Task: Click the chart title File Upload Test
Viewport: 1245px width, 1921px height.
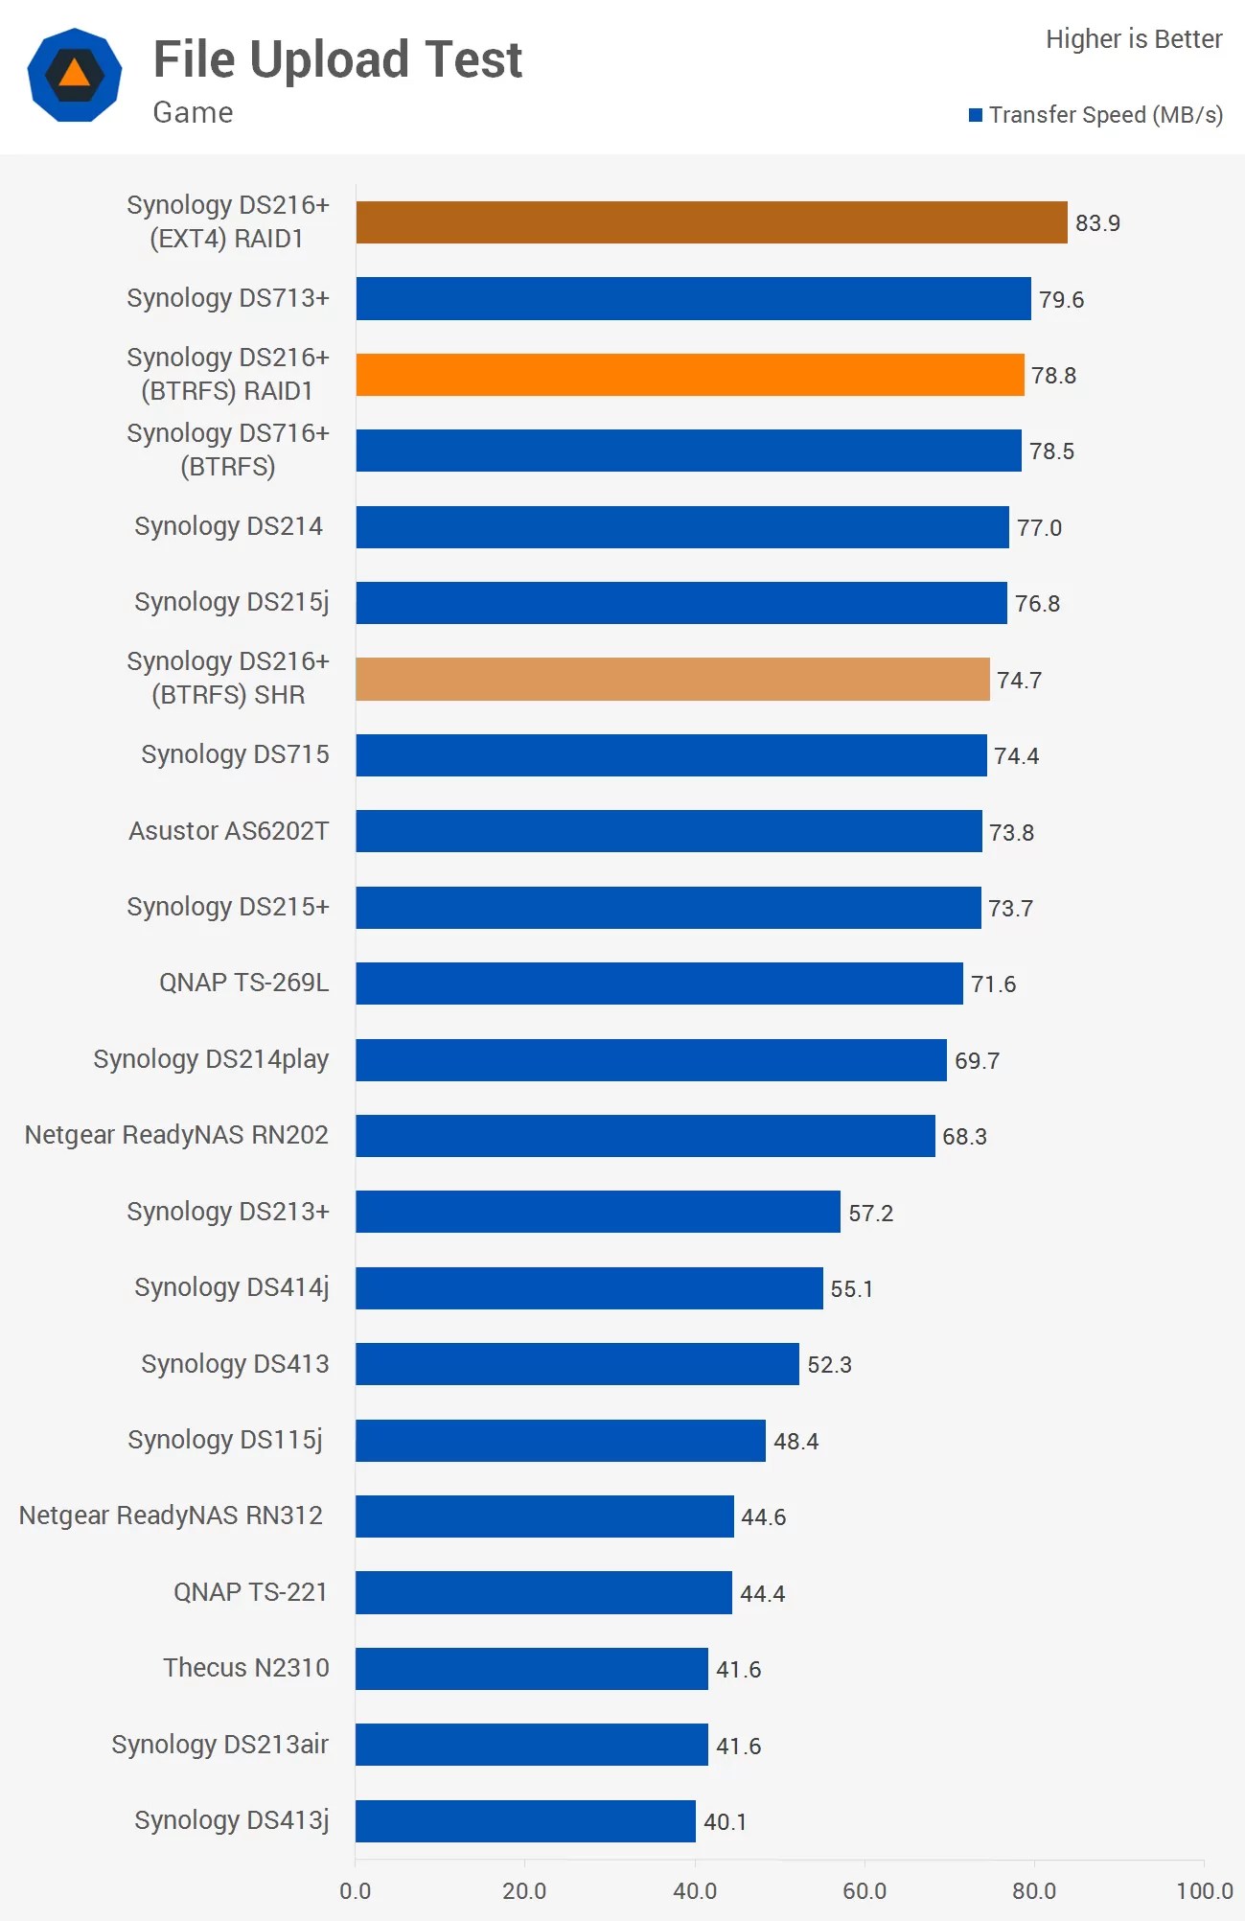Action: point(337,60)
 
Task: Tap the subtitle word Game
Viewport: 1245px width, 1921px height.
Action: point(193,113)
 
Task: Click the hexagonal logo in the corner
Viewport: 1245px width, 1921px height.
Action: point(75,75)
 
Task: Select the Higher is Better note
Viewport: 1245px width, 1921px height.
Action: point(1133,39)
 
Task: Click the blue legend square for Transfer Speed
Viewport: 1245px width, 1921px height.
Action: point(976,115)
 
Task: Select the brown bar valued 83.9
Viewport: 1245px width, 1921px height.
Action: point(711,222)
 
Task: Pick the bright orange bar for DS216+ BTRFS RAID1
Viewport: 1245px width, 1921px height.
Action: point(690,375)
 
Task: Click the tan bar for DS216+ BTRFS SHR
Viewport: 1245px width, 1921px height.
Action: point(672,679)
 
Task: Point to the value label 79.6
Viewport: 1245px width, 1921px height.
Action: point(1061,300)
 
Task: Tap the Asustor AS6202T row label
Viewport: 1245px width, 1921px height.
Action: point(229,830)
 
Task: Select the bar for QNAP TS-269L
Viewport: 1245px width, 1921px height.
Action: point(659,984)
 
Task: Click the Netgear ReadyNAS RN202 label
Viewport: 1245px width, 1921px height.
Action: point(176,1135)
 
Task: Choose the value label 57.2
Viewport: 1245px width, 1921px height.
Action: point(870,1214)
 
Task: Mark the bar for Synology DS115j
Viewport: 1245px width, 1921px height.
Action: point(561,1441)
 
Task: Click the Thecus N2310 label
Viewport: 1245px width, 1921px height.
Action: point(246,1668)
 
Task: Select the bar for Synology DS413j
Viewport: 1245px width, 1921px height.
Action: point(525,1821)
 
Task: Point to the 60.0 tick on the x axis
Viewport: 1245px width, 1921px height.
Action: point(865,1890)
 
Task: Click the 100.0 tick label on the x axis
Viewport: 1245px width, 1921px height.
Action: point(1204,1890)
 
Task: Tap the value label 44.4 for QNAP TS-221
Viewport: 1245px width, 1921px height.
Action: point(762,1594)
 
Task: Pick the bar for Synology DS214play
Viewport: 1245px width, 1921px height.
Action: point(651,1060)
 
